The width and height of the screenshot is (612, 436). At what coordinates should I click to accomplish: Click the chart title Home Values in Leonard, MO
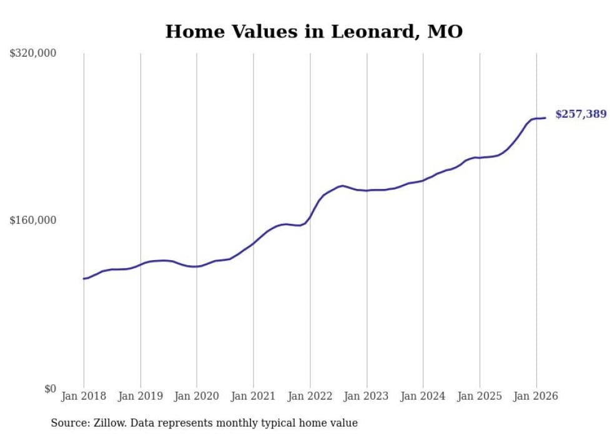(313, 31)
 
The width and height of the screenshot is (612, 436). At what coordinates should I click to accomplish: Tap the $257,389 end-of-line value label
(580, 114)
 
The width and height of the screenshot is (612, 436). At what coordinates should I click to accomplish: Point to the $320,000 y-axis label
(32, 54)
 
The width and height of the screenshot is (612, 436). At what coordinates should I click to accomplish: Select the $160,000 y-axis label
(32, 221)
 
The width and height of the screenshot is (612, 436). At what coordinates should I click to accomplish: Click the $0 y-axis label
(49, 389)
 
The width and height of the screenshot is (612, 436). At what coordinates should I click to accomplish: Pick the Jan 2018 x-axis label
(84, 396)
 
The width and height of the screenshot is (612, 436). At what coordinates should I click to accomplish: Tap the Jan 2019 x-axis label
(141, 396)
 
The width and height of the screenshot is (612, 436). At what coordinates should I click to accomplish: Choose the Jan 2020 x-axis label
(197, 396)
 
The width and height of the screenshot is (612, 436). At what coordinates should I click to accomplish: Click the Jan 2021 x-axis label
(254, 396)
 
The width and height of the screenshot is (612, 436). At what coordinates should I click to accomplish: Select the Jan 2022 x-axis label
(310, 396)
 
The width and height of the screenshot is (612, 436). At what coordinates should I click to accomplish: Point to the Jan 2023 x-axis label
(367, 396)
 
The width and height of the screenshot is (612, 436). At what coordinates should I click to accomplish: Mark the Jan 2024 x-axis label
(423, 396)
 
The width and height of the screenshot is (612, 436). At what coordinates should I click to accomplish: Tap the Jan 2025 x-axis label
(480, 396)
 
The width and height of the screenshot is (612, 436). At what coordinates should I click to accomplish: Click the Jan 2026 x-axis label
(536, 396)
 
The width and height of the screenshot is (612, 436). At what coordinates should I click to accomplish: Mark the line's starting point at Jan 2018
(84, 278)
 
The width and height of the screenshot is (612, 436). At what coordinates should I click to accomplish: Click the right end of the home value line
(545, 118)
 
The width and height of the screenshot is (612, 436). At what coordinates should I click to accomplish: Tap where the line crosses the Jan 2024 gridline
(423, 180)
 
